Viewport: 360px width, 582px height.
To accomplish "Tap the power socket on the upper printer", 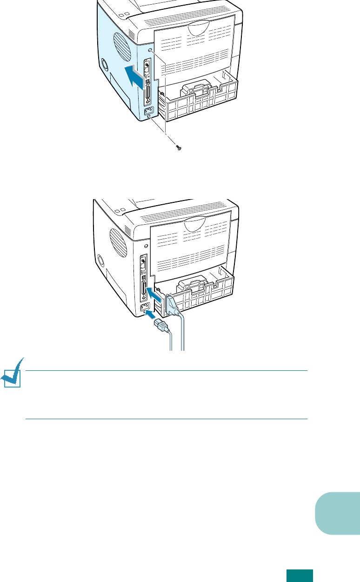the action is [x=149, y=112].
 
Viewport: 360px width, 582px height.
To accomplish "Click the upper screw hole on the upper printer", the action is [x=149, y=51].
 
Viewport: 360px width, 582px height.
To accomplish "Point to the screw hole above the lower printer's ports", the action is [x=146, y=246].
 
